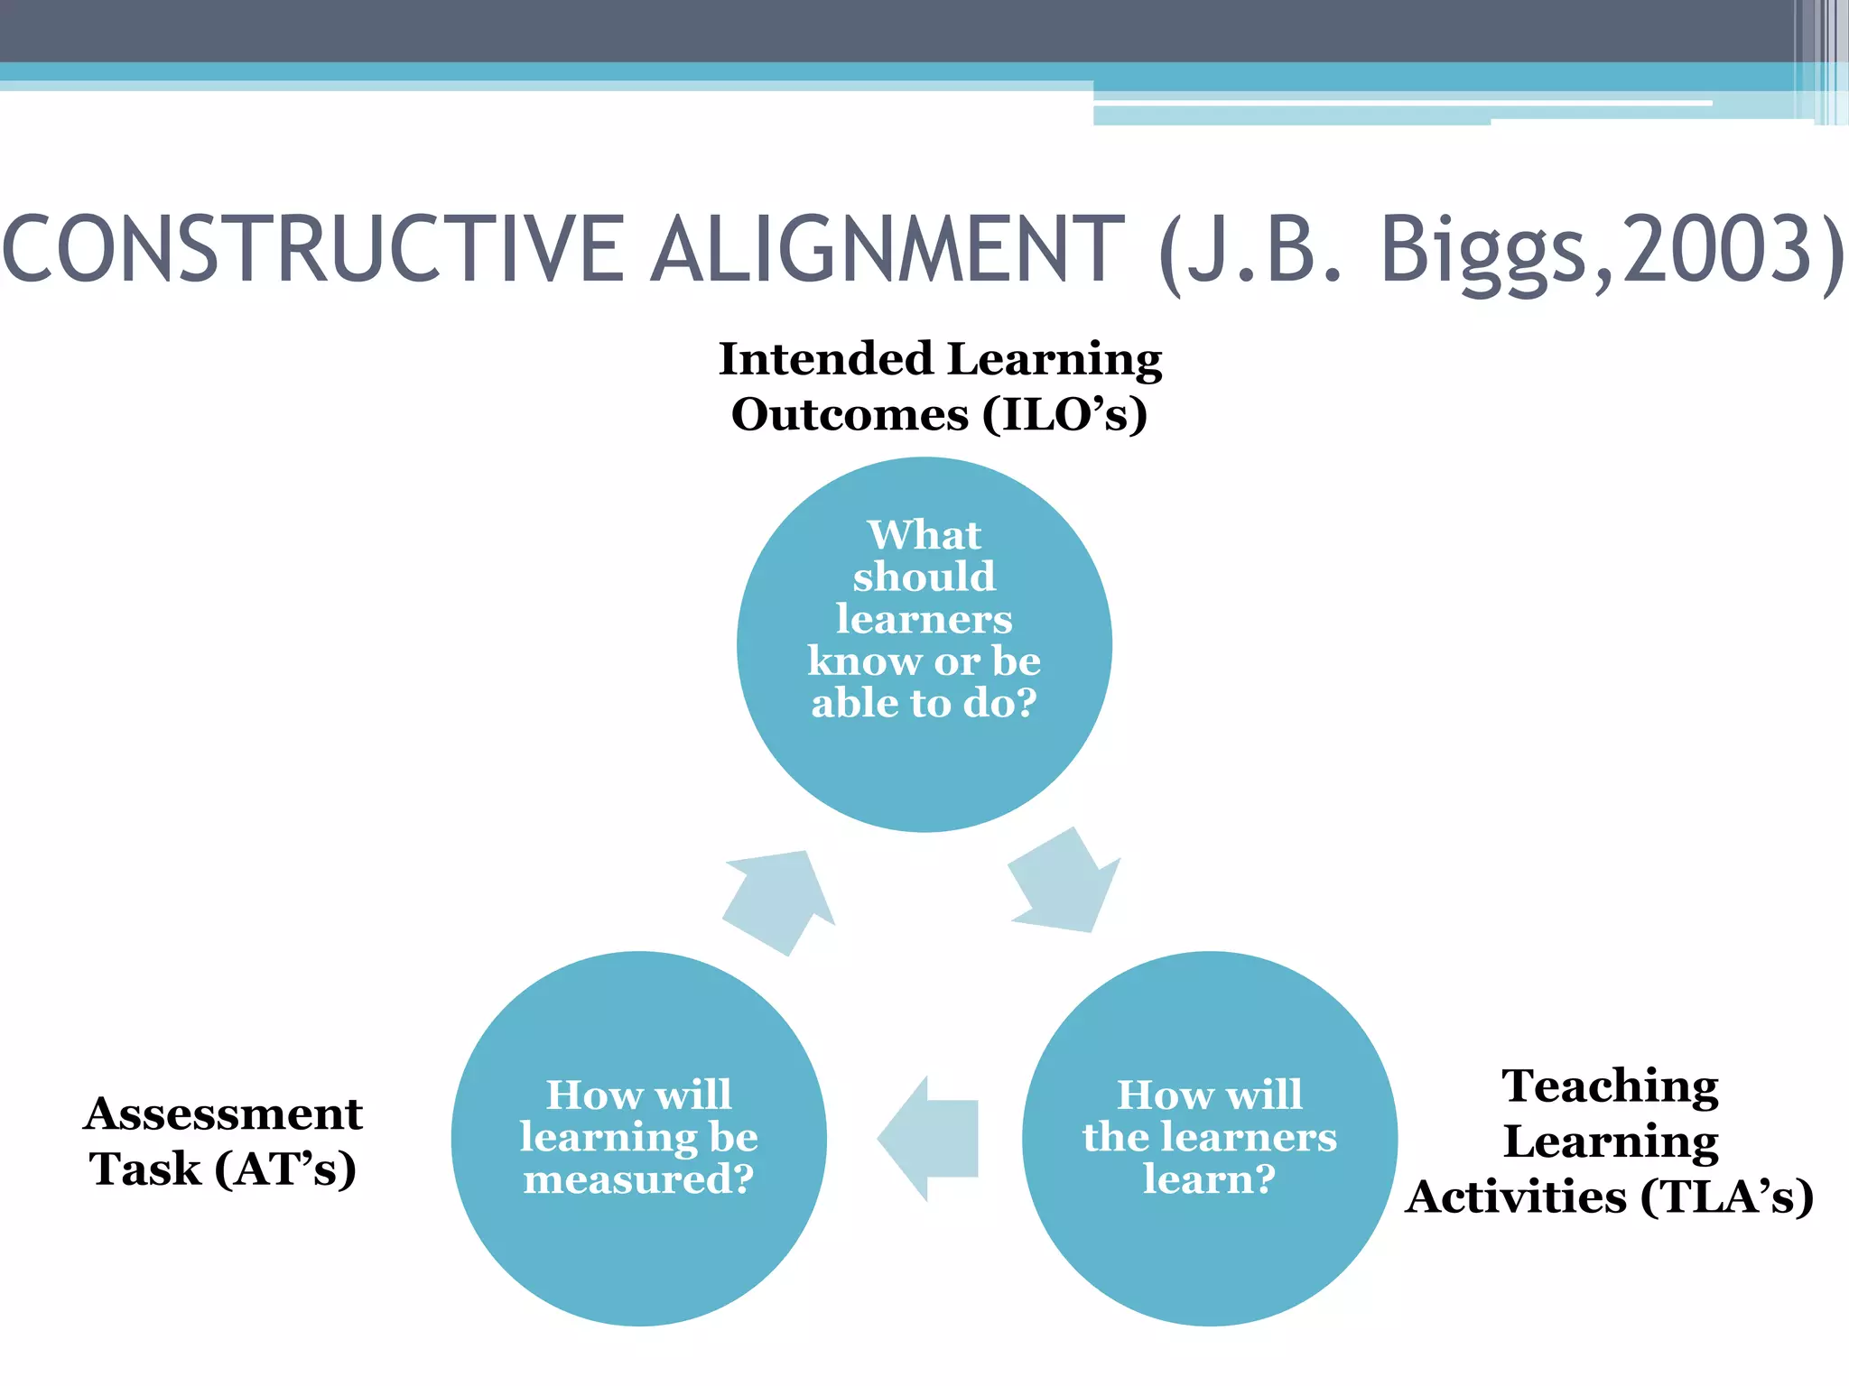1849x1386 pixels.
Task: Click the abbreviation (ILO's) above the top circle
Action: pos(1065,415)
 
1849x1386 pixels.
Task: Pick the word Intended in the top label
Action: pos(825,359)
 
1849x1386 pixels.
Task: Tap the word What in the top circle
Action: pos(924,534)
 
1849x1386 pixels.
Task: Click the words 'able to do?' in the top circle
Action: pos(924,703)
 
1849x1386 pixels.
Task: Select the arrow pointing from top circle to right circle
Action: pos(1065,884)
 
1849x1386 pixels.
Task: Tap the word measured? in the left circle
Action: pos(638,1179)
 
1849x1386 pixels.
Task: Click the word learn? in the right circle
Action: pos(1209,1179)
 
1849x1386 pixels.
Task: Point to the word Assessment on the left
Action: pos(223,1113)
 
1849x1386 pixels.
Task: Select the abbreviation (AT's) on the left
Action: pos(285,1169)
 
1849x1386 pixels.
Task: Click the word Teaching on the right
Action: pos(1610,1086)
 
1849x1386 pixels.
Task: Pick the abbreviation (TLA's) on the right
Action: pos(1726,1197)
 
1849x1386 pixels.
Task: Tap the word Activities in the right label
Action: pos(1517,1197)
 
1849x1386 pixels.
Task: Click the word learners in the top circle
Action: pos(924,619)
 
